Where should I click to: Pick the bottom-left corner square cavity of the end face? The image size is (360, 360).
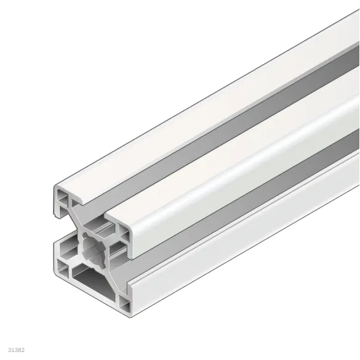(x=65, y=267)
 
